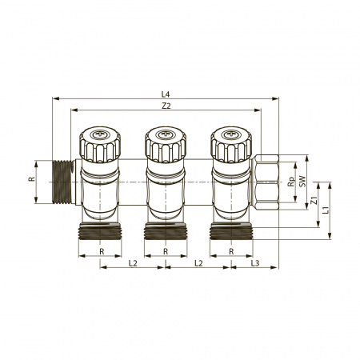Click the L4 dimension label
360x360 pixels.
tap(166, 94)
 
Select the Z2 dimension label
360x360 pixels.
tap(166, 106)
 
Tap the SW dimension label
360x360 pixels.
tap(302, 182)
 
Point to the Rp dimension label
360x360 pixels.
tap(291, 182)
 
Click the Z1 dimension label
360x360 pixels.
tap(314, 200)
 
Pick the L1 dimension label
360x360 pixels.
tap(326, 210)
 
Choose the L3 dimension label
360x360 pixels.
tap(255, 263)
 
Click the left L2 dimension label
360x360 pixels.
tap(133, 263)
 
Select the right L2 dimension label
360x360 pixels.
tap(198, 263)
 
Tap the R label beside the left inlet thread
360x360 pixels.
tap(32, 179)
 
